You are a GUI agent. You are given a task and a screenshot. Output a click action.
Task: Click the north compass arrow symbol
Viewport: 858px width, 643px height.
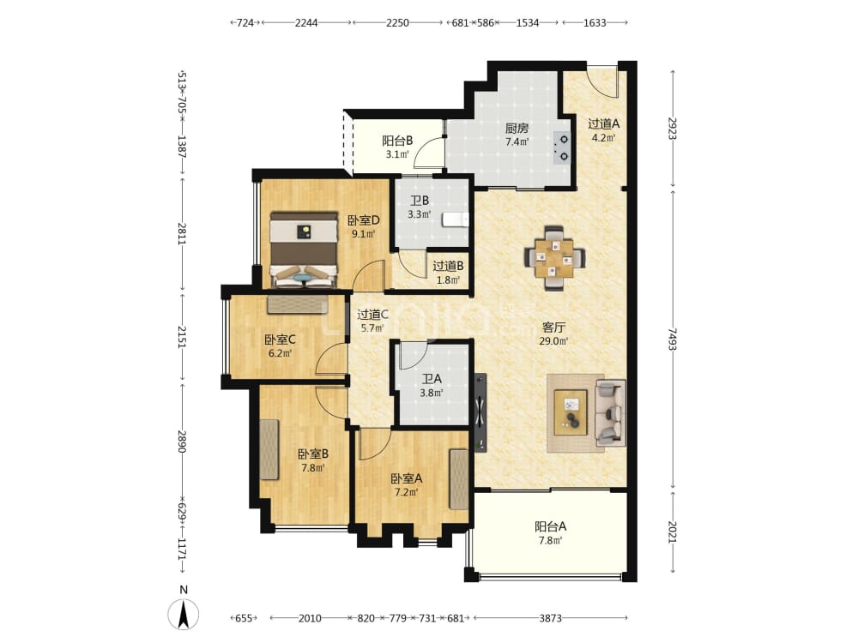point(184,614)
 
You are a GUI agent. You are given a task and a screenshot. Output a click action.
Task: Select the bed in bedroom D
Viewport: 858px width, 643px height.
point(304,249)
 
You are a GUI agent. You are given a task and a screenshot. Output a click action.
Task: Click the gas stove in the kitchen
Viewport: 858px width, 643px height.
point(562,148)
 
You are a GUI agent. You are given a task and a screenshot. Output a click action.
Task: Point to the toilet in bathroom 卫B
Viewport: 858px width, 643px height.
point(456,219)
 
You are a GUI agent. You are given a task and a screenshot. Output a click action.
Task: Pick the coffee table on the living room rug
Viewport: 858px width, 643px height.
point(571,412)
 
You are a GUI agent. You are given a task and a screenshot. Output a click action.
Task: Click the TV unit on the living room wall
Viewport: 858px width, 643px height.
point(480,412)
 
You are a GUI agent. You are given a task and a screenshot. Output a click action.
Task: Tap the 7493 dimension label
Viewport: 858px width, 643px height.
point(673,339)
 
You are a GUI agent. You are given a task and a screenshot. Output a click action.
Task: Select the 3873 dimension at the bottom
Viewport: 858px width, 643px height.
point(551,618)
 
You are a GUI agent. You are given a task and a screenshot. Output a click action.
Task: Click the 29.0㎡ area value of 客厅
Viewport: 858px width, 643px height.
point(553,341)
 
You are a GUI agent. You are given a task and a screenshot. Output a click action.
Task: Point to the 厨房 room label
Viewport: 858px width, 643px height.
point(517,129)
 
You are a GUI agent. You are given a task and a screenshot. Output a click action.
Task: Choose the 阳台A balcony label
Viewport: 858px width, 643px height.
point(551,526)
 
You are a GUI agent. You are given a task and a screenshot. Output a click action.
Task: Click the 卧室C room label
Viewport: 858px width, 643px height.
point(281,340)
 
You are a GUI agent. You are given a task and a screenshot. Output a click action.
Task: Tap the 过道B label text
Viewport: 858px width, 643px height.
point(448,267)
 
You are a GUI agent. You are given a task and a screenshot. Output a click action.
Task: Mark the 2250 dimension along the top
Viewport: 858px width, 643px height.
point(397,22)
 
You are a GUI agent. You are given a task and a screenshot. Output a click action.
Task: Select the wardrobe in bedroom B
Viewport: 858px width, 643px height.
point(269,449)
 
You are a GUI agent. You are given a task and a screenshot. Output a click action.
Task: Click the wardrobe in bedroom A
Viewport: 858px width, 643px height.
point(459,479)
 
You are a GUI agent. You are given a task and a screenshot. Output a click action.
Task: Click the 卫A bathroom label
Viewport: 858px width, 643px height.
point(432,378)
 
